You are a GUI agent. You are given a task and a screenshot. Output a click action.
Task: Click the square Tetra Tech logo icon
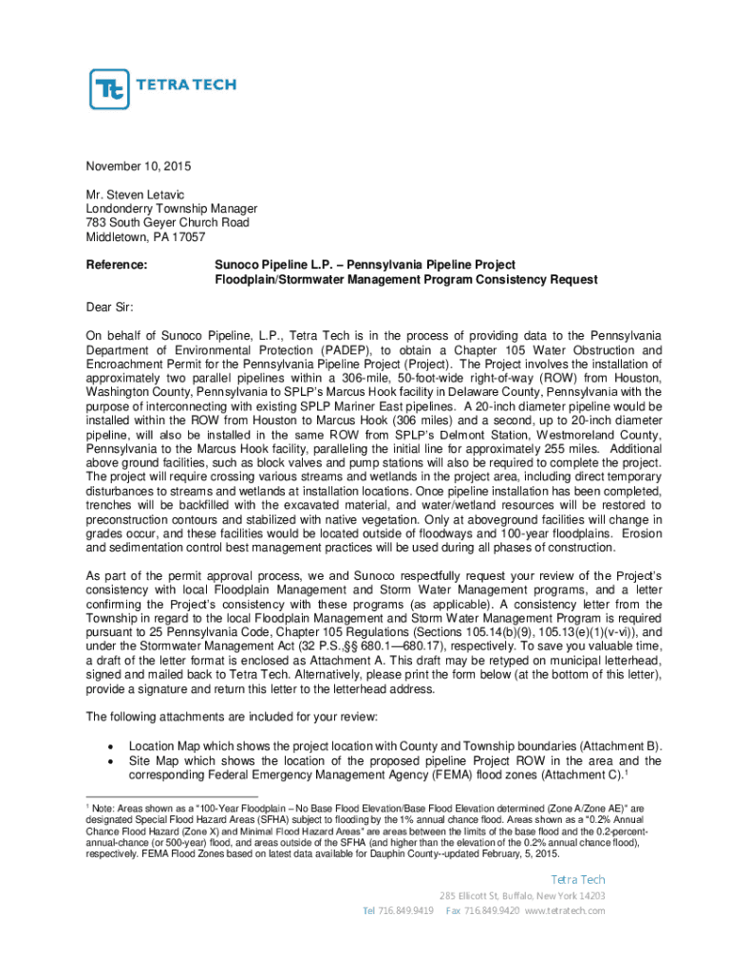pos(109,89)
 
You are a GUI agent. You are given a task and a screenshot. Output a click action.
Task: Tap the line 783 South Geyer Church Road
pos(168,223)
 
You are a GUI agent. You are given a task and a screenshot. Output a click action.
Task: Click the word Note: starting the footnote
pos(104,806)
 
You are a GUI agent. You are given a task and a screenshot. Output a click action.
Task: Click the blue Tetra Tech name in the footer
pos(578,879)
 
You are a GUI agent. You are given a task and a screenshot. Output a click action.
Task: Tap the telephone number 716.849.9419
pos(406,910)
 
